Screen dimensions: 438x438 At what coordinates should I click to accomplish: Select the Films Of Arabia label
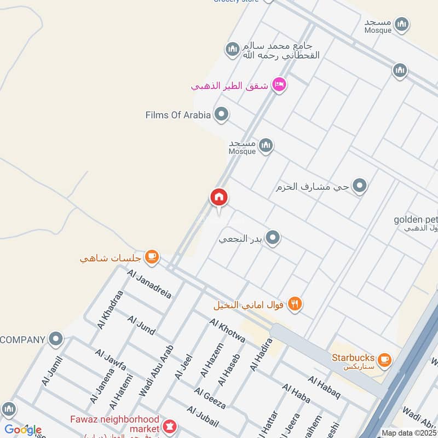178,115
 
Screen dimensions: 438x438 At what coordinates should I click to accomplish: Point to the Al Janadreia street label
149,284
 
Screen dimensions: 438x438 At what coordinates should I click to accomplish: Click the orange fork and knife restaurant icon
295,303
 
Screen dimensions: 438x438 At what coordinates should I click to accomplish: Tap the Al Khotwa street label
227,330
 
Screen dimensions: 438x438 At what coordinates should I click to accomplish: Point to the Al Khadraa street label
110,309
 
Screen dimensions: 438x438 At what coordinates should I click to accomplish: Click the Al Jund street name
141,325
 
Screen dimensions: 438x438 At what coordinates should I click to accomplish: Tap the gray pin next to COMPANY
55,339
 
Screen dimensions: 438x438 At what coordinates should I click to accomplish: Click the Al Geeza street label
210,398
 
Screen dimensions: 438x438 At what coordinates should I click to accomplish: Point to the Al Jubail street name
203,417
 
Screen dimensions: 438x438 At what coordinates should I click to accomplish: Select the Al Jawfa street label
111,359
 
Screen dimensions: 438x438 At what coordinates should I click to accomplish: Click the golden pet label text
416,220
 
